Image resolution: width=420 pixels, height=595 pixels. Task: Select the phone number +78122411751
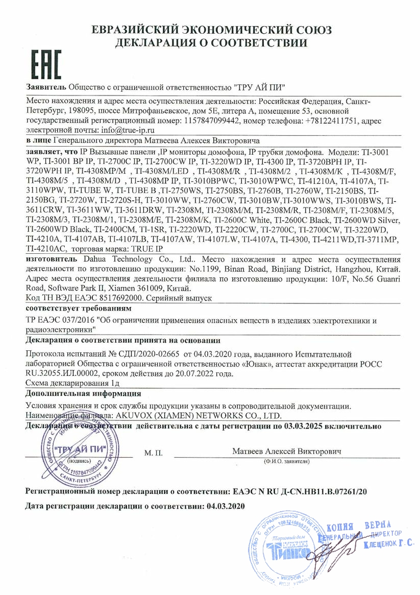(x=333, y=121)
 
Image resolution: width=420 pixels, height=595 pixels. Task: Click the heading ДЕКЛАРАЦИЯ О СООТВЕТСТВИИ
(x=211, y=43)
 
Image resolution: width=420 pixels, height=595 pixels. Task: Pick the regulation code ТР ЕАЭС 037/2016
(x=61, y=321)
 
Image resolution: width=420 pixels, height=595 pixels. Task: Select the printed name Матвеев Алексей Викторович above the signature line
(x=286, y=451)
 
